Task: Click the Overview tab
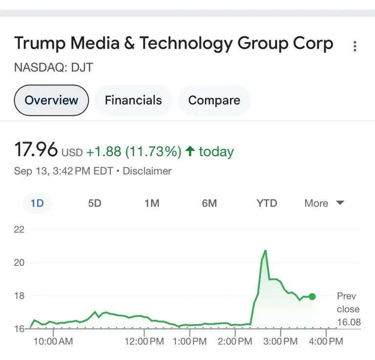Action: [51, 101]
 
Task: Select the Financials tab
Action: [133, 101]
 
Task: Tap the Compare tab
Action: [214, 101]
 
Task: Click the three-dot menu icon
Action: [355, 46]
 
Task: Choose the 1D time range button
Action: [37, 203]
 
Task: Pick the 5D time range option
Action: [95, 203]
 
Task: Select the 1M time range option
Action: [152, 203]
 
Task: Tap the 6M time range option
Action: [209, 203]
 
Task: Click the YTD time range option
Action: [267, 203]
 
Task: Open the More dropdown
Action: [324, 203]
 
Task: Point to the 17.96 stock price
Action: [36, 150]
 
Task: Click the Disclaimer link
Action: [147, 171]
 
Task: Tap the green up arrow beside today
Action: [190, 151]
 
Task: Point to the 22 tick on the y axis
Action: [19, 230]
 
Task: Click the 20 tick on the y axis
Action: [19, 263]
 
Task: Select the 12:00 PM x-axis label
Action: [144, 341]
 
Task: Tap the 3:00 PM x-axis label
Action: [280, 341]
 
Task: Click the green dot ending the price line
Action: [312, 296]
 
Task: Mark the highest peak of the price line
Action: [265, 251]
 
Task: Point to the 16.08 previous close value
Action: [348, 322]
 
